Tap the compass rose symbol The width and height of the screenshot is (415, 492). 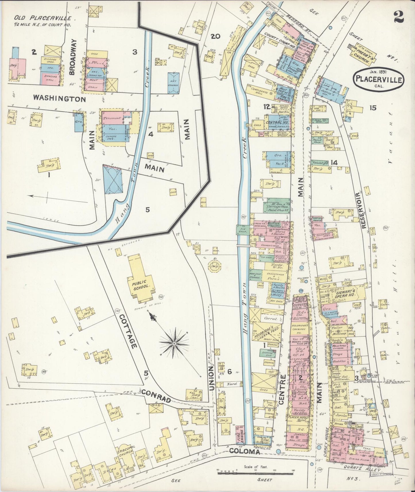click(174, 343)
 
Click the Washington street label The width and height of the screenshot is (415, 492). click(59, 99)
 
